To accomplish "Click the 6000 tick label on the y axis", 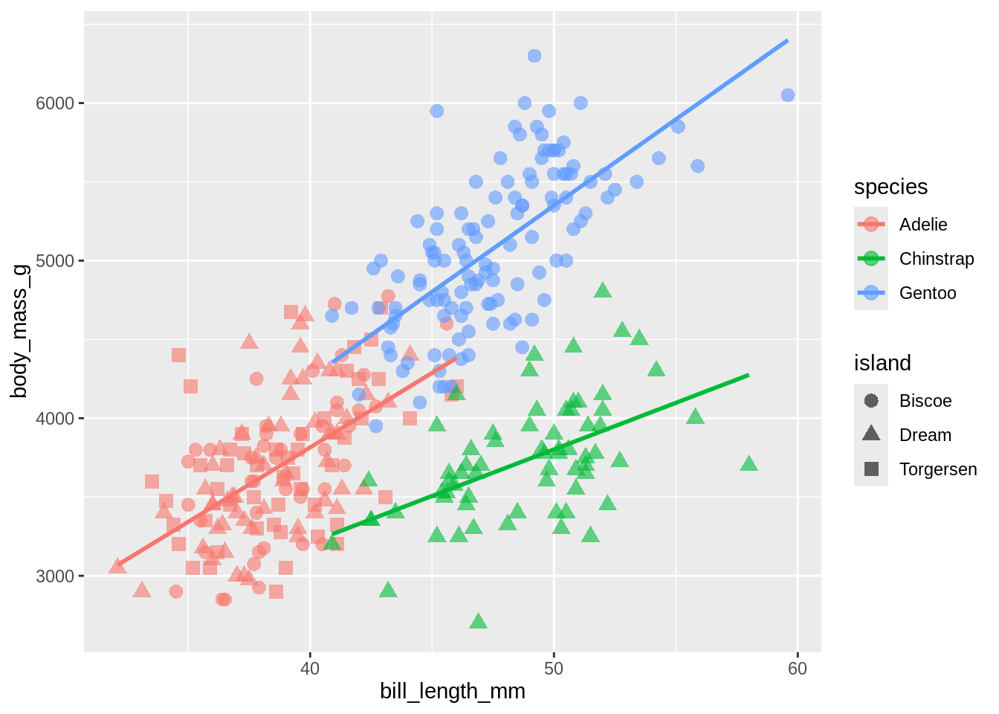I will pyautogui.click(x=55, y=103).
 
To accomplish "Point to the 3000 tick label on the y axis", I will pyautogui.click(x=55, y=576).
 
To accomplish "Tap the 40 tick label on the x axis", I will pyautogui.click(x=309, y=669).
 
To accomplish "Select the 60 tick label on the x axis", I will pyautogui.click(x=797, y=669).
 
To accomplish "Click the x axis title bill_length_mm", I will pyautogui.click(x=453, y=692).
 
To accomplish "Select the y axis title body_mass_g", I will pyautogui.click(x=19, y=330).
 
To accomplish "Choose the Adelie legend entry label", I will pyautogui.click(x=923, y=225).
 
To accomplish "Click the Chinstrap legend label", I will pyautogui.click(x=937, y=259).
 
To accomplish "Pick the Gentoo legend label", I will pyautogui.click(x=928, y=293).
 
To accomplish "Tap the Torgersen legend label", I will pyautogui.click(x=938, y=469).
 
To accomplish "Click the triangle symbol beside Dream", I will pyautogui.click(x=871, y=434).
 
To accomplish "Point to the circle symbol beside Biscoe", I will pyautogui.click(x=871, y=401).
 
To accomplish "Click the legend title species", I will pyautogui.click(x=890, y=187).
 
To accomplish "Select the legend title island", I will pyautogui.click(x=882, y=363).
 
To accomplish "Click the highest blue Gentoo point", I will pyautogui.click(x=534, y=56).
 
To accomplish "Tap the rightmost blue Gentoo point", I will pyautogui.click(x=788, y=95).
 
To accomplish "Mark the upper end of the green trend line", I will pyautogui.click(x=748, y=376).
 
